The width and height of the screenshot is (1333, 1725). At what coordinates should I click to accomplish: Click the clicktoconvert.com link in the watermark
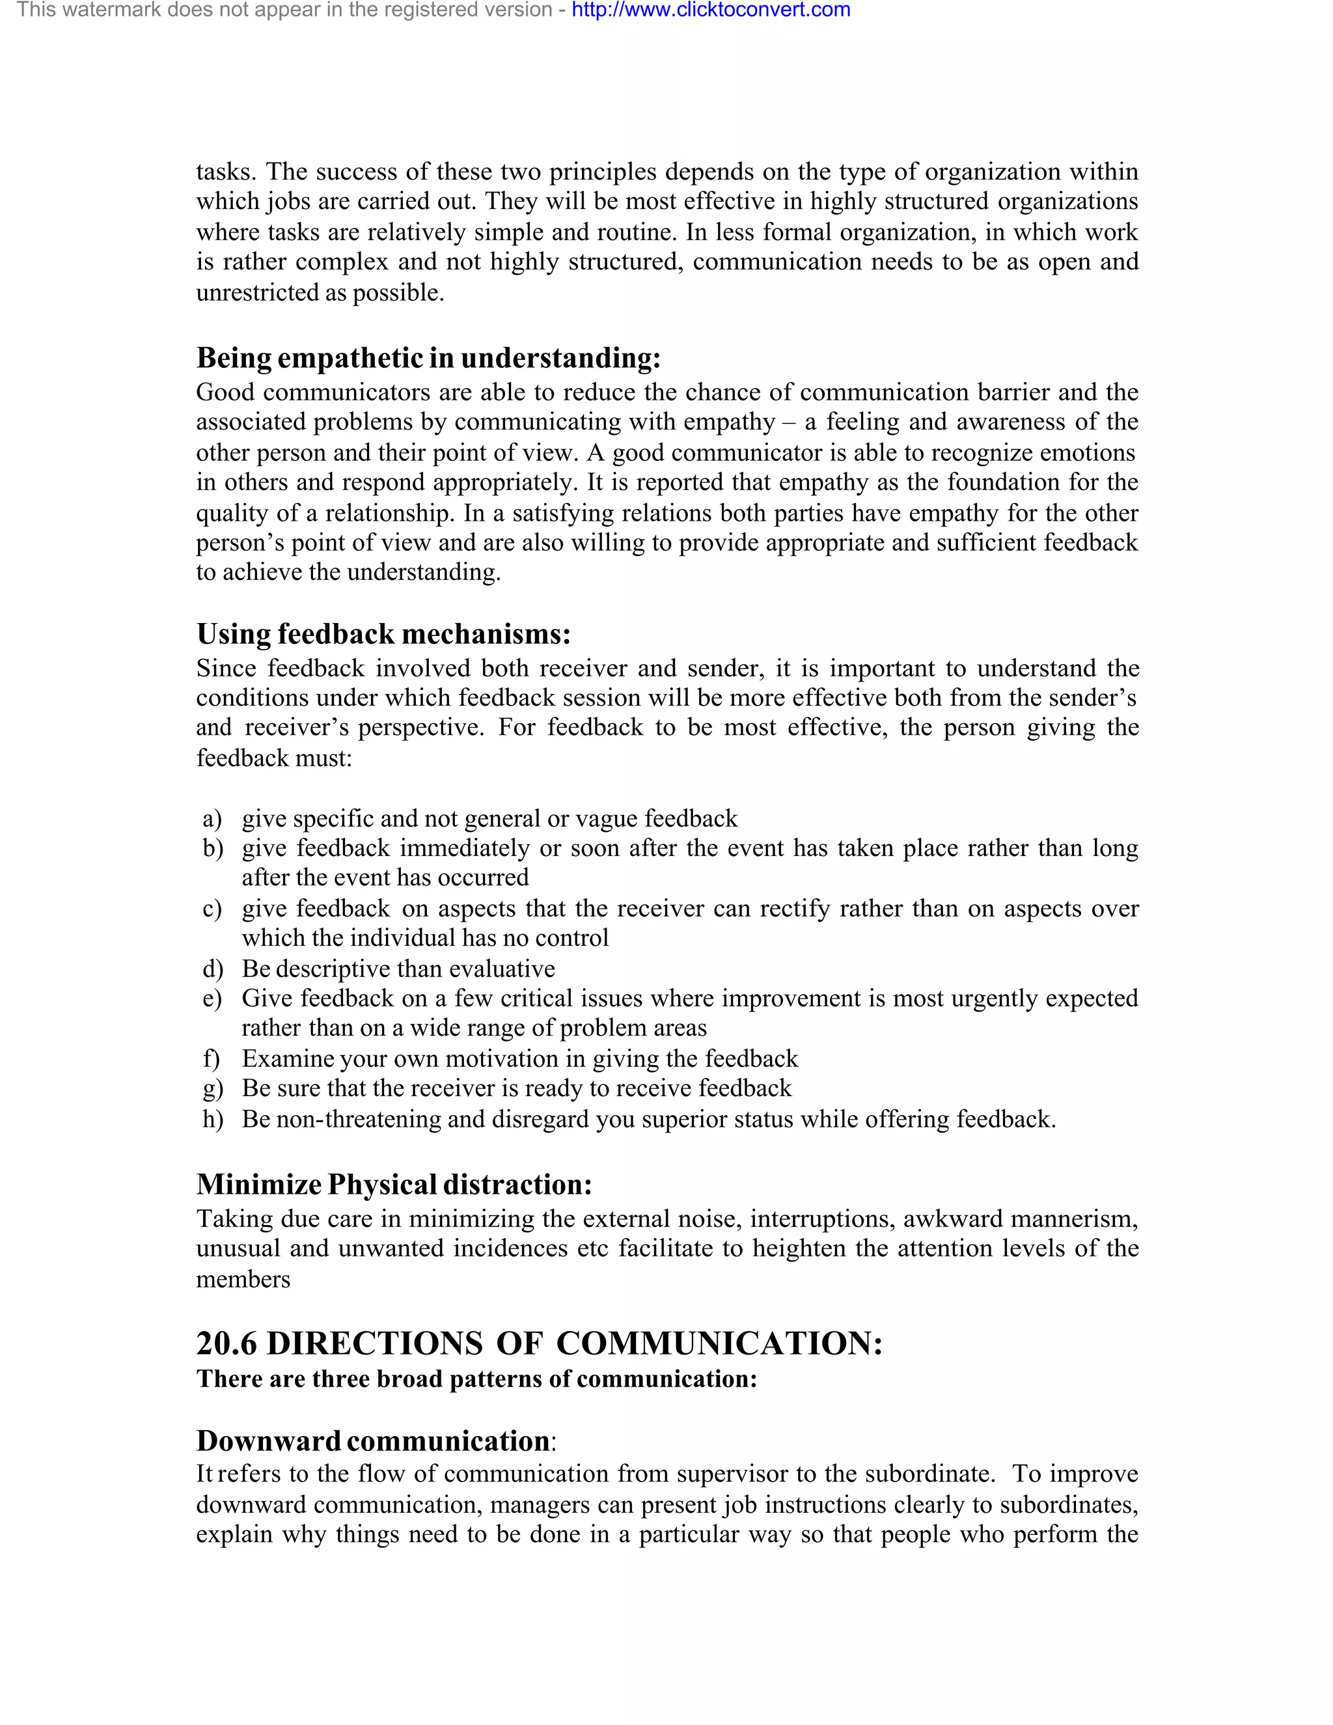coord(710,10)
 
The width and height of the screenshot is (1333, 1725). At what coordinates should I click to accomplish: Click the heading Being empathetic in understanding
coord(428,358)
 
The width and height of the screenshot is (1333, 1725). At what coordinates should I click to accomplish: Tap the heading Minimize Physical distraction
coord(394,1184)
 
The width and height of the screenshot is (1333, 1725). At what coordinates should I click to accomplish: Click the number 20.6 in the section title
coord(226,1344)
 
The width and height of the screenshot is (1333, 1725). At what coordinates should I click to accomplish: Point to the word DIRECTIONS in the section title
coord(375,1344)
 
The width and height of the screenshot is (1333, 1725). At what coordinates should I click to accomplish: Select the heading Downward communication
coord(373,1441)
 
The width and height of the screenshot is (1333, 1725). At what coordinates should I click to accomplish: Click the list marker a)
coord(212,818)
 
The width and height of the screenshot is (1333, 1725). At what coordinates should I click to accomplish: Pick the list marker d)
coord(212,969)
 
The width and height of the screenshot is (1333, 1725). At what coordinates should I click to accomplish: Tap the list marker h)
coord(212,1119)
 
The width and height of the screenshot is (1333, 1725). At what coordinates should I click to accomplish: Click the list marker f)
coord(211,1058)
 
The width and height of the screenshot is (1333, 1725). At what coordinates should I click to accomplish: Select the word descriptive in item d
coord(331,969)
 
